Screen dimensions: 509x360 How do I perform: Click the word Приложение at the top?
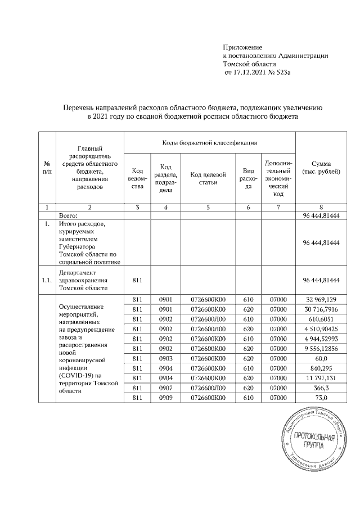243,47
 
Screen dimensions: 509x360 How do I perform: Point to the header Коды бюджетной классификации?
210,143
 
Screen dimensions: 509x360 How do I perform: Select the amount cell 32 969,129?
325,299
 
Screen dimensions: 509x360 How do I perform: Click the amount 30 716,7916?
323,309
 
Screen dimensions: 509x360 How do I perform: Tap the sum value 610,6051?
325,320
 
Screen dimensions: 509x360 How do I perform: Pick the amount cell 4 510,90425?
323,331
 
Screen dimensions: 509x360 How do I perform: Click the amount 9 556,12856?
323,352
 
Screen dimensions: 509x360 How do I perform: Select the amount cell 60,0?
325,363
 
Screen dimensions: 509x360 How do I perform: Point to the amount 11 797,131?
325,384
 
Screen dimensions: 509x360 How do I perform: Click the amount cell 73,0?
325,406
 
